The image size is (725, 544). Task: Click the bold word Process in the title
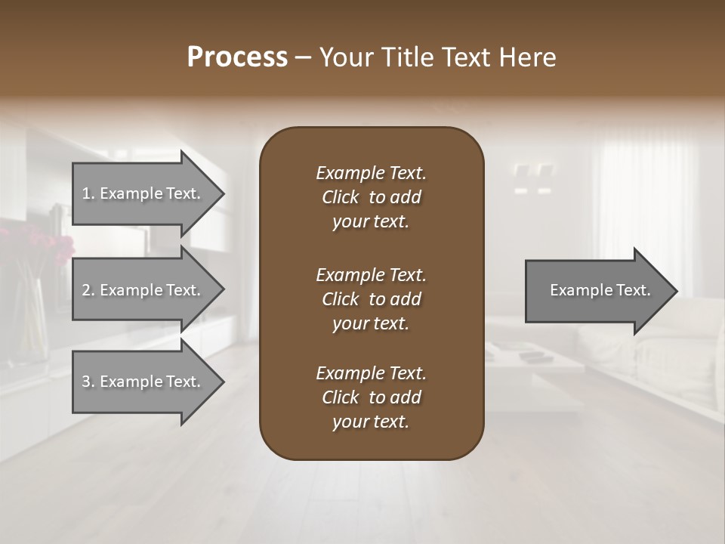237,57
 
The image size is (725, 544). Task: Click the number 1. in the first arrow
88,193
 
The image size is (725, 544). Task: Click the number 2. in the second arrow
88,290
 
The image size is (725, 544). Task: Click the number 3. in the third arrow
88,382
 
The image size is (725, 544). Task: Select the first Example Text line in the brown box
371,173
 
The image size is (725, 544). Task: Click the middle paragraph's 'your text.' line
371,323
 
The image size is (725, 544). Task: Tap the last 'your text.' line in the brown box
371,422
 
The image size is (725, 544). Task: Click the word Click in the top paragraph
340,197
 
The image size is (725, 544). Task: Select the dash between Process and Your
304,57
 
